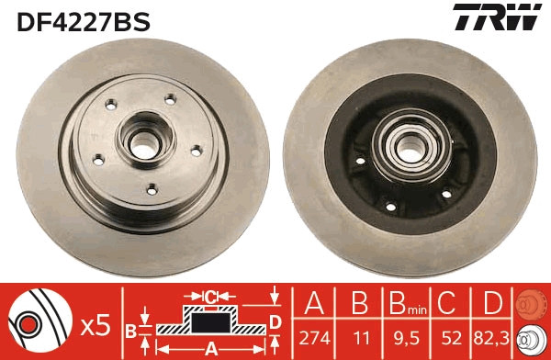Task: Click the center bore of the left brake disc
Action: pyautogui.click(x=142, y=142)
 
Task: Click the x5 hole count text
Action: pyautogui.click(x=96, y=323)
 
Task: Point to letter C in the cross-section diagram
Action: pyautogui.click(x=210, y=297)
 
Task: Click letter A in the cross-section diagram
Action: pyautogui.click(x=210, y=347)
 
